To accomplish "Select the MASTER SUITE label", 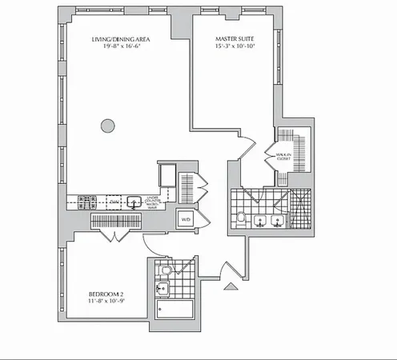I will pos(235,38).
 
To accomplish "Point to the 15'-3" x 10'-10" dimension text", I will pos(235,46).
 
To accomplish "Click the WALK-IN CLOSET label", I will pos(283,156).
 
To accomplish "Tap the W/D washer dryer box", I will pos(186,218).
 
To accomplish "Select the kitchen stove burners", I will pos(87,202).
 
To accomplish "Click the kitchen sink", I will pos(134,202).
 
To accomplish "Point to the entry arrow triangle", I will pos(232,285).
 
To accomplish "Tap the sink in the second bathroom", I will pos(163,289).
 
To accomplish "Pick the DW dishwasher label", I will pos(114,202).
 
